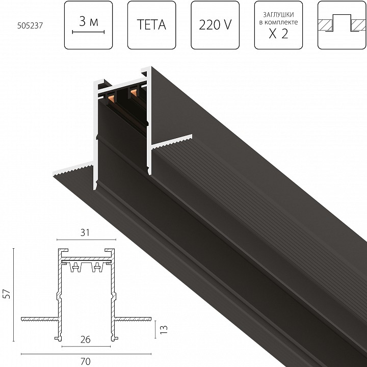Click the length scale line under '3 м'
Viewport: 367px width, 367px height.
point(88,32)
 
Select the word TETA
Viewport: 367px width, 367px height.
point(151,23)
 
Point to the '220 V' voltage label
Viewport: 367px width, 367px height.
point(215,23)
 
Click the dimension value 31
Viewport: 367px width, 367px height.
point(85,232)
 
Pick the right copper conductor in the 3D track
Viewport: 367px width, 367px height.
point(135,92)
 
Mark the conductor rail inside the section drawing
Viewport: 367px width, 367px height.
point(85,267)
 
